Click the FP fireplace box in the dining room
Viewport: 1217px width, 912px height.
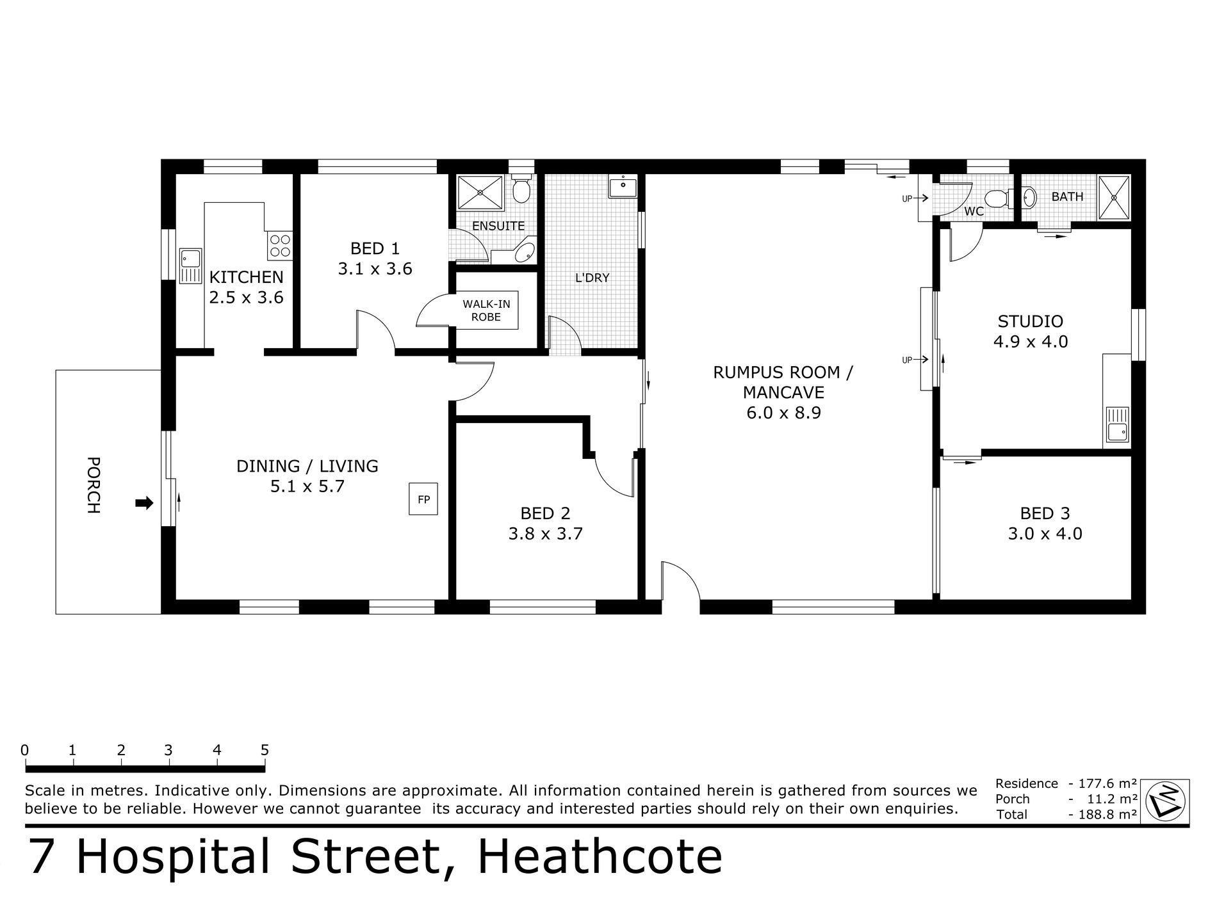click(x=424, y=499)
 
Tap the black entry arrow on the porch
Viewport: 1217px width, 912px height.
click(x=145, y=504)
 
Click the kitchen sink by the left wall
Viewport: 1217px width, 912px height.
click(x=190, y=266)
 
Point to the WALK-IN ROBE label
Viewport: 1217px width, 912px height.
click(x=486, y=311)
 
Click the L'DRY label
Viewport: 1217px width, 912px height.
click(x=592, y=278)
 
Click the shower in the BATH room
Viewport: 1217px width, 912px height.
click(x=1115, y=197)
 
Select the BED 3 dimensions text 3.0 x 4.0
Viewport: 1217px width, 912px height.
click(x=1045, y=533)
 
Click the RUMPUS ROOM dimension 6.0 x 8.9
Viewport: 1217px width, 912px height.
click(x=783, y=413)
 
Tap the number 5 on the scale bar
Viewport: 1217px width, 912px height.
click(x=265, y=750)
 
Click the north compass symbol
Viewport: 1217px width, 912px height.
click(x=1166, y=800)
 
